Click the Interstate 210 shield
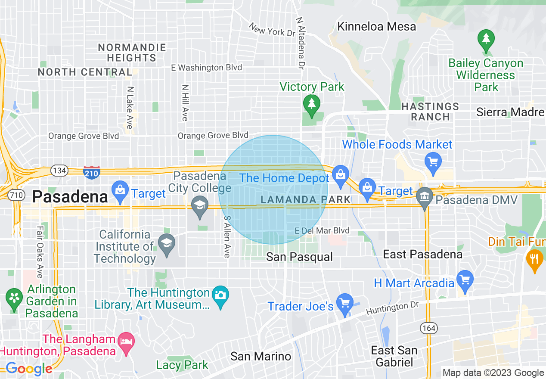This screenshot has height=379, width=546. (x=92, y=172)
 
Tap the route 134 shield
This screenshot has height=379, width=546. (x=59, y=171)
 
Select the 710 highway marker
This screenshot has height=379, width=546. (x=16, y=195)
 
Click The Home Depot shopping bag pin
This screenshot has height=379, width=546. (x=340, y=176)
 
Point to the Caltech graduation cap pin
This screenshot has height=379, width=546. (x=167, y=243)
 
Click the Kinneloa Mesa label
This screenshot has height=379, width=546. (x=376, y=26)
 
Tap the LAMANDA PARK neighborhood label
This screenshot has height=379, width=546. (x=306, y=199)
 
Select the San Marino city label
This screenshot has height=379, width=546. (x=261, y=356)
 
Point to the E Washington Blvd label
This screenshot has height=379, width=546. (x=206, y=68)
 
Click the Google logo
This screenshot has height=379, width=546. (x=28, y=369)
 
